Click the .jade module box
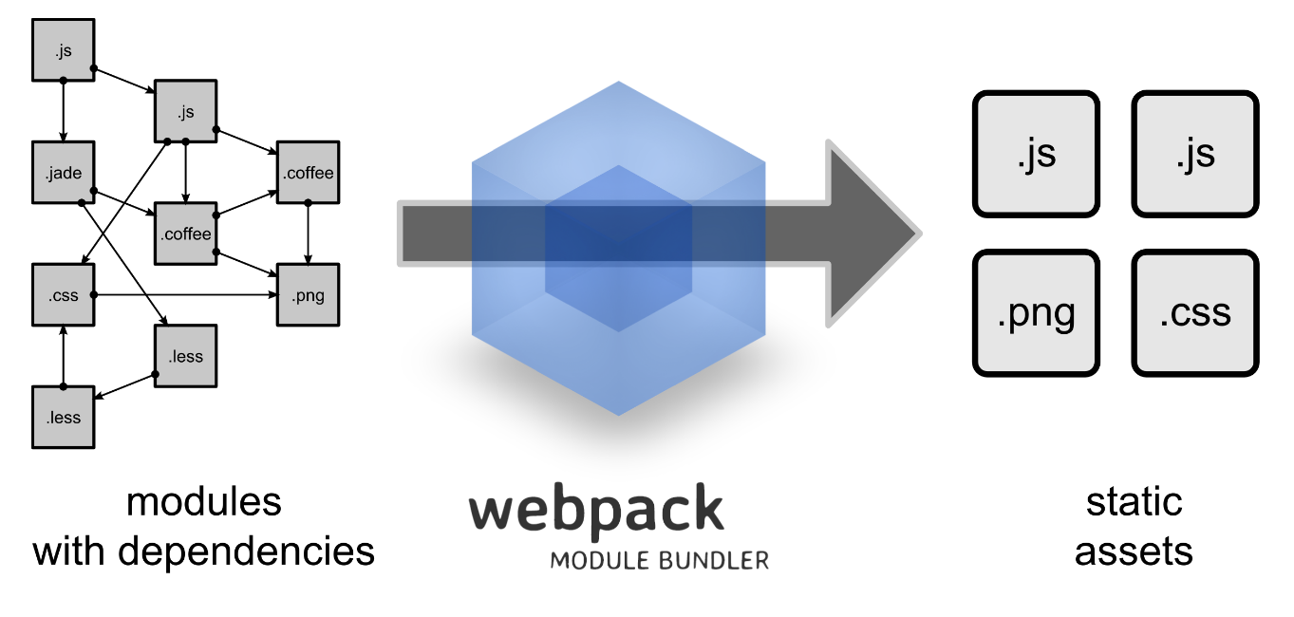pyautogui.click(x=64, y=173)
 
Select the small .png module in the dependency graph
pyautogui.click(x=308, y=295)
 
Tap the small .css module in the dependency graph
pyautogui.click(x=64, y=295)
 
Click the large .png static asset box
pyautogui.click(x=1036, y=312)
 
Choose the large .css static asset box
pyautogui.click(x=1195, y=312)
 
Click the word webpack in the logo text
pyautogui.click(x=596, y=510)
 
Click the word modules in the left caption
pyautogui.click(x=204, y=501)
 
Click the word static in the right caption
pyautogui.click(x=1135, y=501)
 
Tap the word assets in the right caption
pyautogui.click(x=1134, y=551)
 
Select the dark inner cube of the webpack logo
pyautogui.click(x=618, y=249)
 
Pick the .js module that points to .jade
pyautogui.click(x=64, y=50)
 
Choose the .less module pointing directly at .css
pyautogui.click(x=64, y=417)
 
